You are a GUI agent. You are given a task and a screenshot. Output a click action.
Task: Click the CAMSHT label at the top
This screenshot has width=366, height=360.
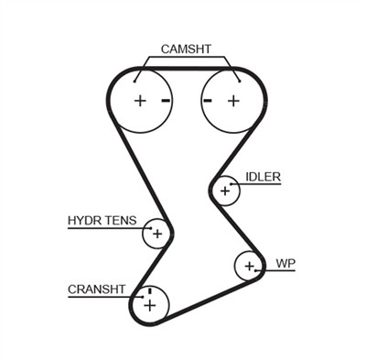pyautogui.click(x=186, y=49)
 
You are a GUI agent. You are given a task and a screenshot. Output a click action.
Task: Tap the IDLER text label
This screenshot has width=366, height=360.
pyautogui.click(x=263, y=176)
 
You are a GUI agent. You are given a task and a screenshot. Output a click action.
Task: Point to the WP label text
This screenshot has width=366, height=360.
pyautogui.click(x=285, y=263)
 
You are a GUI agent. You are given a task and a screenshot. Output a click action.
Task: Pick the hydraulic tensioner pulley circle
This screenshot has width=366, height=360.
pyautogui.click(x=156, y=235)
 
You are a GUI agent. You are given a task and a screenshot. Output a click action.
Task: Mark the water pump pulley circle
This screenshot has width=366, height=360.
pyautogui.click(x=248, y=267)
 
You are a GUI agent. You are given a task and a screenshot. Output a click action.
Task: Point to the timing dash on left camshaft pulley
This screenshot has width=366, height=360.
pyautogui.click(x=165, y=100)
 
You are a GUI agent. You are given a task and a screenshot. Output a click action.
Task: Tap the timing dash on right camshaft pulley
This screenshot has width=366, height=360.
pyautogui.click(x=209, y=100)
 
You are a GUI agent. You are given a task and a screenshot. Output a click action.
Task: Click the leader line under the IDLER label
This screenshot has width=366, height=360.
pyautogui.click(x=261, y=185)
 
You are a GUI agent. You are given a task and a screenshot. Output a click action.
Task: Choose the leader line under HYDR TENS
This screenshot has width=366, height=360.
pyautogui.click(x=105, y=228)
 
